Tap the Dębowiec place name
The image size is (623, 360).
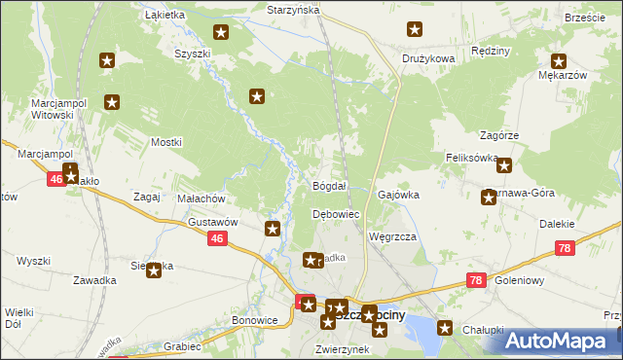click(x=336, y=214)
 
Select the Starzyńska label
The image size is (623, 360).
click(x=293, y=9)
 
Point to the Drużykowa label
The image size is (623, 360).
click(x=428, y=58)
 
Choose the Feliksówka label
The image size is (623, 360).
click(x=472, y=157)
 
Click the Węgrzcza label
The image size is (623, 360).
click(x=393, y=236)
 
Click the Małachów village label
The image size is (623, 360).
click(x=202, y=198)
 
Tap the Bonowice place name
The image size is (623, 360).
click(x=255, y=319)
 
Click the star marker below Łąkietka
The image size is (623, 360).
click(x=221, y=33)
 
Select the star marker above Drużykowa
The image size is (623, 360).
click(x=416, y=30)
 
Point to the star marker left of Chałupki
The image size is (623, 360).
click(x=446, y=328)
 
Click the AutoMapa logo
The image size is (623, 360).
click(x=561, y=341)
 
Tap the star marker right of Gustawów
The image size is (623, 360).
click(x=273, y=230)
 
